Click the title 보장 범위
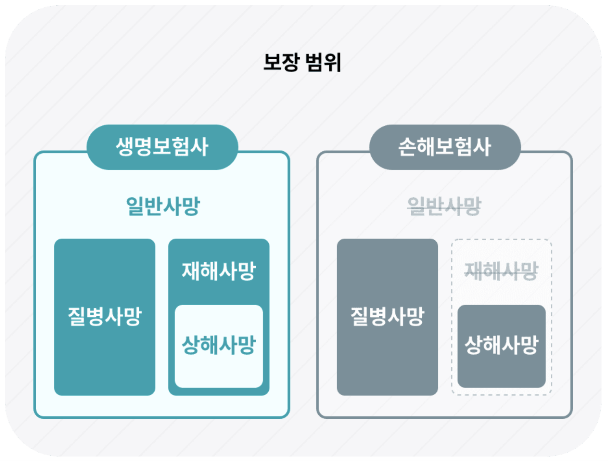tap(302, 62)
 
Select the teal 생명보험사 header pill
tap(162, 147)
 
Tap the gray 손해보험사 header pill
tap(445, 147)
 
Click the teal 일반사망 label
tap(163, 206)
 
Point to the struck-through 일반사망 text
tap(444, 206)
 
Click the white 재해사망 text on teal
tap(219, 271)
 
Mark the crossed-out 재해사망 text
tap(501, 271)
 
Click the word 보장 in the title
tap(281, 62)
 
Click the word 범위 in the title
tap(323, 62)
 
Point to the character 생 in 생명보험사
tap(125, 147)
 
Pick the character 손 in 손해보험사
tap(407, 147)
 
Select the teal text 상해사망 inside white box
tap(219, 345)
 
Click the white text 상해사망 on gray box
tap(501, 345)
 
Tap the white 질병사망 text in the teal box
tap(105, 317)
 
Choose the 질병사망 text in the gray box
tap(387, 317)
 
